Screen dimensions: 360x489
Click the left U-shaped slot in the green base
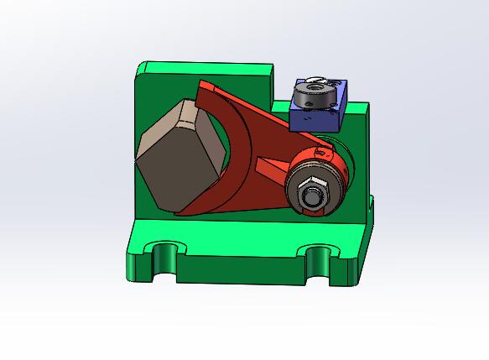164,254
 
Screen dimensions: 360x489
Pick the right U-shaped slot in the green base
319,257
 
